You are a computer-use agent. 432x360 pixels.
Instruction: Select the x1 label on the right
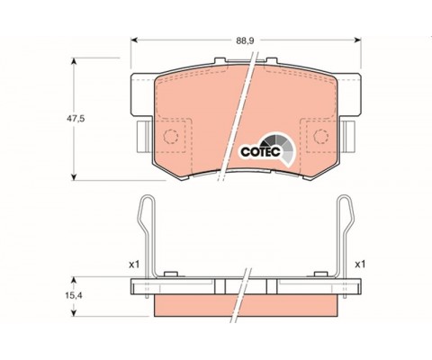pyautogui.click(x=360, y=265)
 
